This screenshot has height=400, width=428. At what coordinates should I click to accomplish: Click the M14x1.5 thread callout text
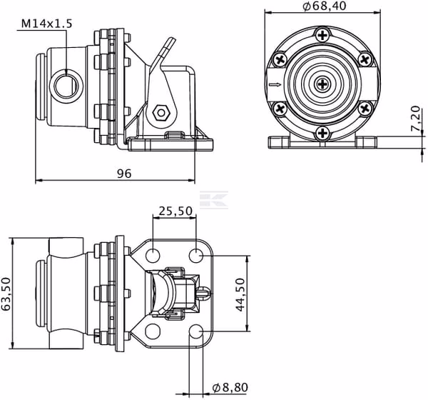tap(46, 24)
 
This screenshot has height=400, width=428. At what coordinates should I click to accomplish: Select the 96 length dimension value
tap(124, 174)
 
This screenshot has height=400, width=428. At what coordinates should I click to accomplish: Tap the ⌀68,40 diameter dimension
tap(325, 6)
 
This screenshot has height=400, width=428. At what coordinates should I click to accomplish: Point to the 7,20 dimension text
tap(415, 119)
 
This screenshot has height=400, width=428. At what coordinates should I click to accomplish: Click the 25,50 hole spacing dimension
tap(175, 211)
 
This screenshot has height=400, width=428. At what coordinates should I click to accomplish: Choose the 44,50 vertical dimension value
tap(240, 295)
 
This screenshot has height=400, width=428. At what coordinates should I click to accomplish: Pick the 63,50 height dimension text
tap(6, 294)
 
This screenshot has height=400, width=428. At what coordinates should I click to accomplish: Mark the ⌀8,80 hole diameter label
tap(230, 387)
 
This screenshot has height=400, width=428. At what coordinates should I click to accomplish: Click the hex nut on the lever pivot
tap(161, 112)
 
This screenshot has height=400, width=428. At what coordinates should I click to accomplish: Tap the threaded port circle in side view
tap(66, 86)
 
